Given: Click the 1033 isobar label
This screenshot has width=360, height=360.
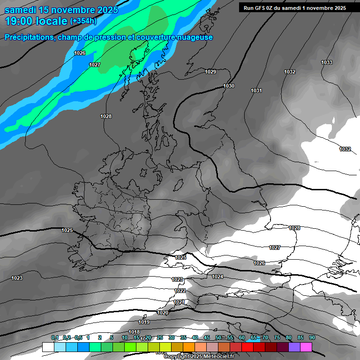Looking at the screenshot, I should pyautogui.click(x=327, y=62).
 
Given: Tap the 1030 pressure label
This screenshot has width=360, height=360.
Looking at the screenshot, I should pyautogui.click(x=229, y=86).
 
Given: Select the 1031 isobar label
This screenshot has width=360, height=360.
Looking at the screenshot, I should pyautogui.click(x=256, y=90).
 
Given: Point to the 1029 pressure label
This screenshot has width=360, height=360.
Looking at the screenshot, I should pyautogui.click(x=210, y=72).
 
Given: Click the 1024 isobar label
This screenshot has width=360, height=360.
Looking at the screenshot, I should pyautogui.click(x=217, y=277).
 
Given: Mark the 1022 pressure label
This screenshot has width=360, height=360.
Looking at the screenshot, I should pyautogui.click(x=180, y=291).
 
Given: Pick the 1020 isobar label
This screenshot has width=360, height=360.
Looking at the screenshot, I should pyautogui.click(x=163, y=313).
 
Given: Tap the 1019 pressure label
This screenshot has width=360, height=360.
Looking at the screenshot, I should pyautogui.click(x=144, y=322).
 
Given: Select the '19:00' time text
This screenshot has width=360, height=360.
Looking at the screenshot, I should pyautogui.click(x=20, y=21).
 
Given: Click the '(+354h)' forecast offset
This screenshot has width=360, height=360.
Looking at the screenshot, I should pyautogui.click(x=83, y=21).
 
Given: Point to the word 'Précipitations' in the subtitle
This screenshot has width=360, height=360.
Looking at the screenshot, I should pyautogui.click(x=29, y=37).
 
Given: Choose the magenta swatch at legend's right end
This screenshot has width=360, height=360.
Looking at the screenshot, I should pyautogui.click(x=306, y=347).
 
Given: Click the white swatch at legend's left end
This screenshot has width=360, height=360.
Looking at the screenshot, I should pyautogui.click(x=48, y=347).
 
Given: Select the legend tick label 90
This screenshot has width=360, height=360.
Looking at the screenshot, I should pyautogui.click(x=312, y=338).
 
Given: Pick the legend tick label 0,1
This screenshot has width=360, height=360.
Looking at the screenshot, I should pyautogui.click(x=55, y=338).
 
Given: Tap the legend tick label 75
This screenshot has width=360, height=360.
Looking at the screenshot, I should pyautogui.click(x=277, y=338).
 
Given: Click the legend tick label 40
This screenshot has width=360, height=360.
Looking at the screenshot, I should pyautogui.click(x=195, y=338).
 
